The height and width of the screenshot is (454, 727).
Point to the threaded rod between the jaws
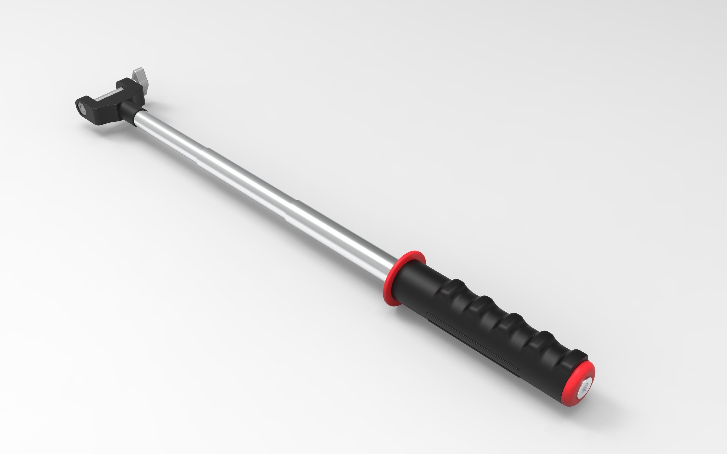(107, 96)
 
